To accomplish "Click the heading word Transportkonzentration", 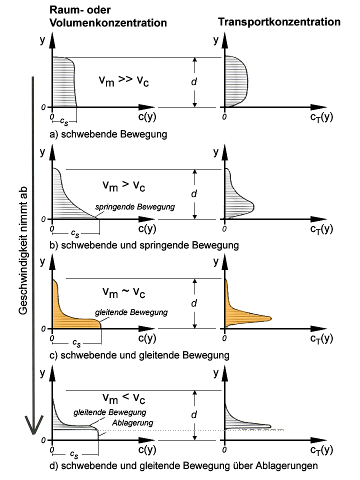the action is coord(279,21).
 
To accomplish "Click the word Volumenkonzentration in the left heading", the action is coord(108,22).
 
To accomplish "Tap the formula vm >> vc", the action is coord(123,80).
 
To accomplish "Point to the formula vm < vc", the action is coord(123,398).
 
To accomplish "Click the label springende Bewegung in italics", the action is coord(135,207).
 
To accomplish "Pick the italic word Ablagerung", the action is coord(132,423).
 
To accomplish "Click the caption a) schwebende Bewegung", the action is coord(108,134).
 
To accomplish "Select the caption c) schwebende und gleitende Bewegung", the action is coord(139,355).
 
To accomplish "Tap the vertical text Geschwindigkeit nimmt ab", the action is coord(23,250).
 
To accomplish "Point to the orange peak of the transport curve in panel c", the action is coord(270,318).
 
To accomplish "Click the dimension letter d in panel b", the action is coord(194,193).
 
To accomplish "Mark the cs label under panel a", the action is coord(64,121).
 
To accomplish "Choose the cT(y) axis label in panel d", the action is coord(321,450).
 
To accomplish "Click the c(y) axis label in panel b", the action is coord(147,228).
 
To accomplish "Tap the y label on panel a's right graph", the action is coord(216,40).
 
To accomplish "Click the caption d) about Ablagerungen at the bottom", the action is coord(183,465).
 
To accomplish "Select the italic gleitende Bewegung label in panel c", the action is coord(131,312).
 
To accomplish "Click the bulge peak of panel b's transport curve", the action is coord(254,207).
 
